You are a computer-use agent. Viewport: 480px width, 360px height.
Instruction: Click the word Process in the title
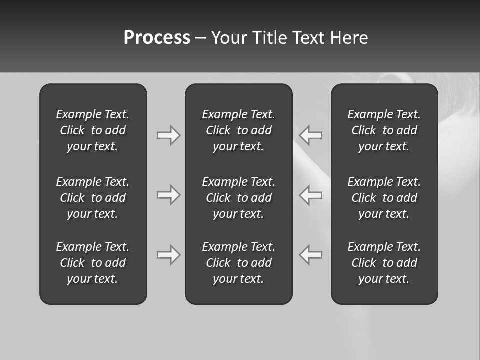point(157,38)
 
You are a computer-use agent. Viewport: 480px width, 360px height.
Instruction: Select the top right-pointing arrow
point(168,135)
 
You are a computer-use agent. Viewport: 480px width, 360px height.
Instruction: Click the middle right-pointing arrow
point(168,195)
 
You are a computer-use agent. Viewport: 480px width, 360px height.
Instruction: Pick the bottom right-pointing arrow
point(168,255)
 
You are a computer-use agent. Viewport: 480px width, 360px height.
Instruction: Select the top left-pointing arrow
point(311,135)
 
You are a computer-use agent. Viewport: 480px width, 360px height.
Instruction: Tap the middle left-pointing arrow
point(311,195)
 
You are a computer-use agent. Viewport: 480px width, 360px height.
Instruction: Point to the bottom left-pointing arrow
point(311,255)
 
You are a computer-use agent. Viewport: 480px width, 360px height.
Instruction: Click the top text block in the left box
point(93,130)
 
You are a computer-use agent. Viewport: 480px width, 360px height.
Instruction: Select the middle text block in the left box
point(93,198)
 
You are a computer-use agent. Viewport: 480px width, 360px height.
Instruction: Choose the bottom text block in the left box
point(93,263)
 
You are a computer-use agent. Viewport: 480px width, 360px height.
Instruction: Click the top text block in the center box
point(238,130)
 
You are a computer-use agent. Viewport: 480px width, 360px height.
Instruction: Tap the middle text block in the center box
point(238,198)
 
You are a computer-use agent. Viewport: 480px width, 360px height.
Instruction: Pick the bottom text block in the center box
point(238,263)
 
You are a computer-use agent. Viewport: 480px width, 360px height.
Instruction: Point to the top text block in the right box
point(384,130)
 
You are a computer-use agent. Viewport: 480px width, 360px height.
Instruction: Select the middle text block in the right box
point(384,198)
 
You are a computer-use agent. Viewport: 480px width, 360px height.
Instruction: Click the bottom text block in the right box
point(384,263)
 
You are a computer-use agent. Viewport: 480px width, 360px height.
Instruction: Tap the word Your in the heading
point(229,38)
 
